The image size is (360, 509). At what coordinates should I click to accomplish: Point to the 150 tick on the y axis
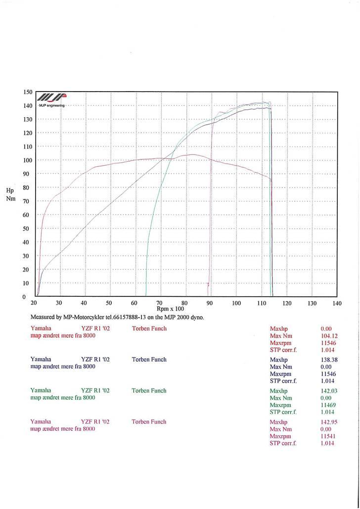[28, 92]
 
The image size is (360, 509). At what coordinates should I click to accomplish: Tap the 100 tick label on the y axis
[28, 160]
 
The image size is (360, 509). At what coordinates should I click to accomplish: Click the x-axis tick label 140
[337, 303]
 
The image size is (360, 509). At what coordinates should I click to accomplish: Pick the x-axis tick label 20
[34, 303]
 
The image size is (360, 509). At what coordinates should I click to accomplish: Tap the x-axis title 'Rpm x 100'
[170, 309]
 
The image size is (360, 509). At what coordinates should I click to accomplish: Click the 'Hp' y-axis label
[10, 190]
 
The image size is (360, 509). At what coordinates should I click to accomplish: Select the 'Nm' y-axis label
[11, 198]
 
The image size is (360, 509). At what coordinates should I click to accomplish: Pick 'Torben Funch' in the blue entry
[149, 360]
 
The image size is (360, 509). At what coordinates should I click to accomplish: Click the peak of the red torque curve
[190, 154]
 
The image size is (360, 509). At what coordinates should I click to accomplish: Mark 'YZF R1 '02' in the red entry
[95, 328]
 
